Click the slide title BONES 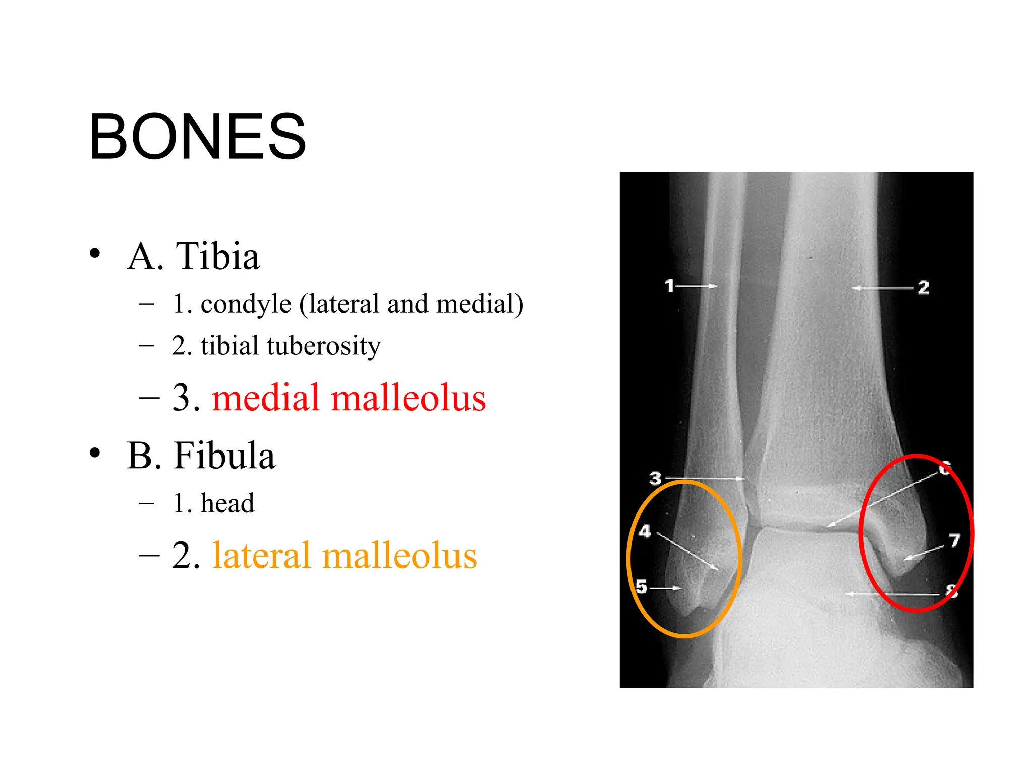tap(198, 137)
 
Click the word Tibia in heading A tap(217, 256)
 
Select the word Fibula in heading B tap(224, 456)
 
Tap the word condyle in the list tap(246, 304)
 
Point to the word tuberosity tap(323, 346)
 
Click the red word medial tap(266, 398)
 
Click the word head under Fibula tap(227, 503)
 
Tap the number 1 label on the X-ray tap(669, 286)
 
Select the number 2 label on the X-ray tap(923, 288)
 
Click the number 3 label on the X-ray tap(655, 478)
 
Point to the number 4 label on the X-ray tap(645, 531)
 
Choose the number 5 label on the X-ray tap(641, 587)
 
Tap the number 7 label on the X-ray tap(954, 541)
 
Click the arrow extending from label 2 tap(883, 288)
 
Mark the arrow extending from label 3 tap(705, 478)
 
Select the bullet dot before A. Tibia tap(95, 253)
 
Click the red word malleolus tap(408, 398)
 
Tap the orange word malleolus tap(399, 555)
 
